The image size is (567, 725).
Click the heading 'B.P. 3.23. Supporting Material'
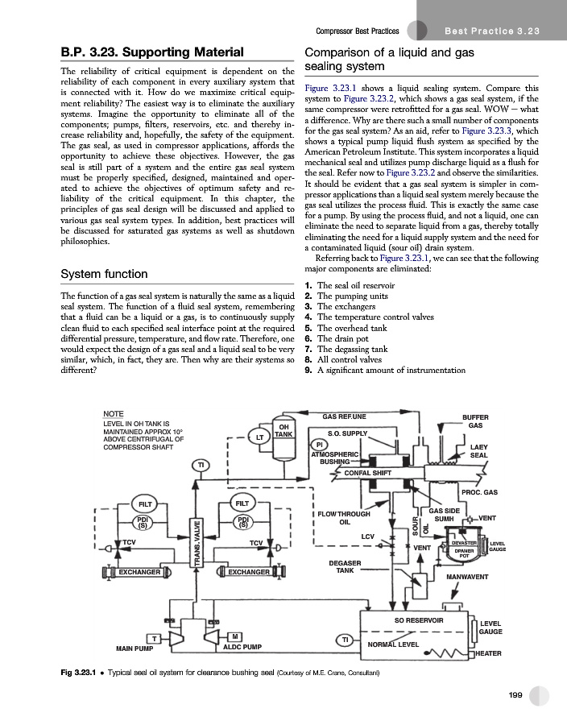point(141,53)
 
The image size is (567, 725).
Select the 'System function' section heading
point(104,274)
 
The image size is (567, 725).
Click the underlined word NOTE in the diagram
point(114,413)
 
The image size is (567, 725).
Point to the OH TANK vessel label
point(283,430)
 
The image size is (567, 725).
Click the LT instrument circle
point(260,437)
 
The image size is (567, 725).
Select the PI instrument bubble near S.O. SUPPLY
point(320,445)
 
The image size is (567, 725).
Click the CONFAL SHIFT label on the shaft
point(368,473)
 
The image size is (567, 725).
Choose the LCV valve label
point(367,536)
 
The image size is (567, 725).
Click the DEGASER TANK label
point(345,566)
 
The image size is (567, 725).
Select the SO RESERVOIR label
point(419,620)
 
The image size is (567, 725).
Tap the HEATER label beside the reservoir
point(489,653)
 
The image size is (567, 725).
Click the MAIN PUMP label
point(135,647)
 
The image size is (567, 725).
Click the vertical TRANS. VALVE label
point(198,548)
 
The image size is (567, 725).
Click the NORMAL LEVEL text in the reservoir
point(392,645)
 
